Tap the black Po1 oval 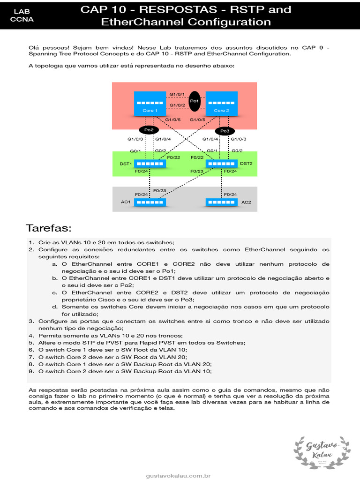(x=195, y=101)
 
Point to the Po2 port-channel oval (x=149, y=129)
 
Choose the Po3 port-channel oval (x=225, y=131)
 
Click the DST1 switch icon (x=150, y=164)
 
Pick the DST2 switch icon (x=222, y=164)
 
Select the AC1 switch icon (x=150, y=202)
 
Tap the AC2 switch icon (x=222, y=202)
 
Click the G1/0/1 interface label (x=177, y=94)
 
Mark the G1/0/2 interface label (x=177, y=105)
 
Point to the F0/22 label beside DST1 (x=174, y=157)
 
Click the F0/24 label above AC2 (x=230, y=194)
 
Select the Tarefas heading (x=49, y=228)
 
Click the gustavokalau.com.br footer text (x=178, y=476)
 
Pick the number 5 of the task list (x=31, y=343)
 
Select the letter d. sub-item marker (x=55, y=307)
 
